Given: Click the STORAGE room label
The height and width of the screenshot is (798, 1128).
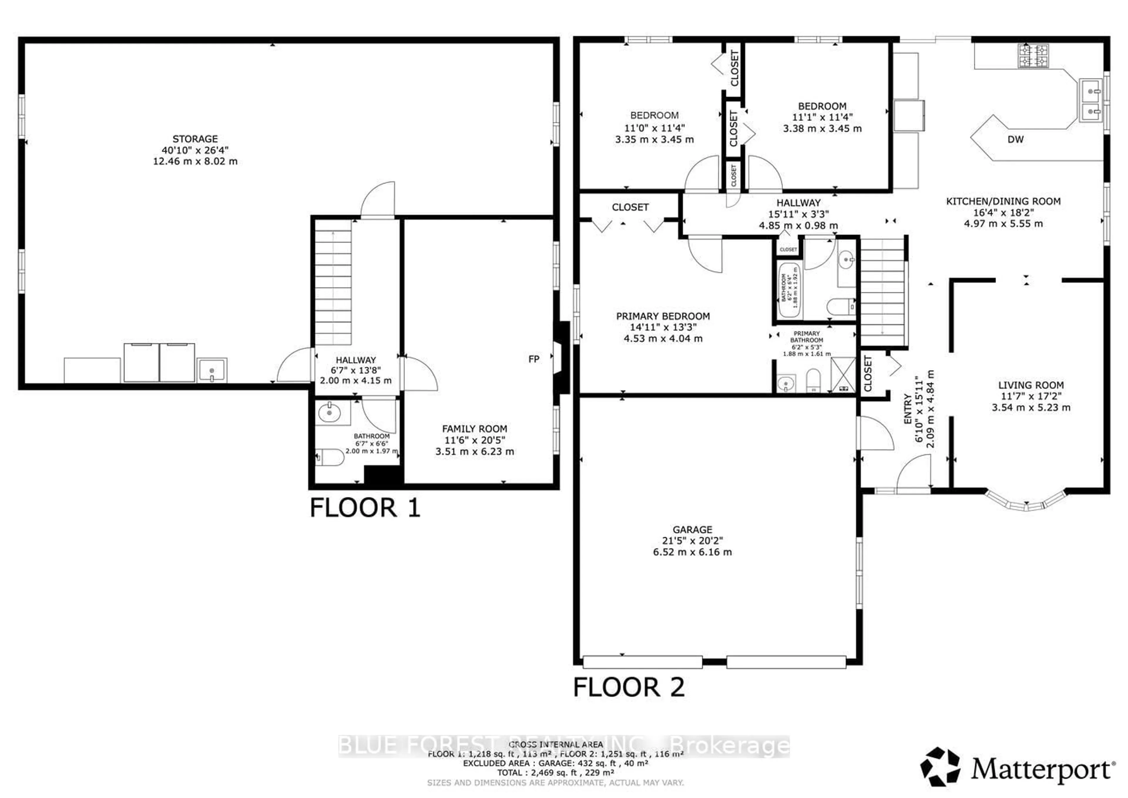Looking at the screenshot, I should (x=195, y=139).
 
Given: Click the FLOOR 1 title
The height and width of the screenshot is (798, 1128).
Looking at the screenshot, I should (x=365, y=508).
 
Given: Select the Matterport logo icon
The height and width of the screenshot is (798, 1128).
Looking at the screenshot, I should (x=940, y=767).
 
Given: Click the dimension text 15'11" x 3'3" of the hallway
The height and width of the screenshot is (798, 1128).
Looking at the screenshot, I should (x=798, y=214).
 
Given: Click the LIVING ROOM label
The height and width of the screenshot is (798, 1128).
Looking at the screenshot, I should (x=1031, y=385).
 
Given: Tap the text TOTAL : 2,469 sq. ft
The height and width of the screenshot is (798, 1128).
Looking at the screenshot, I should (x=555, y=773).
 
